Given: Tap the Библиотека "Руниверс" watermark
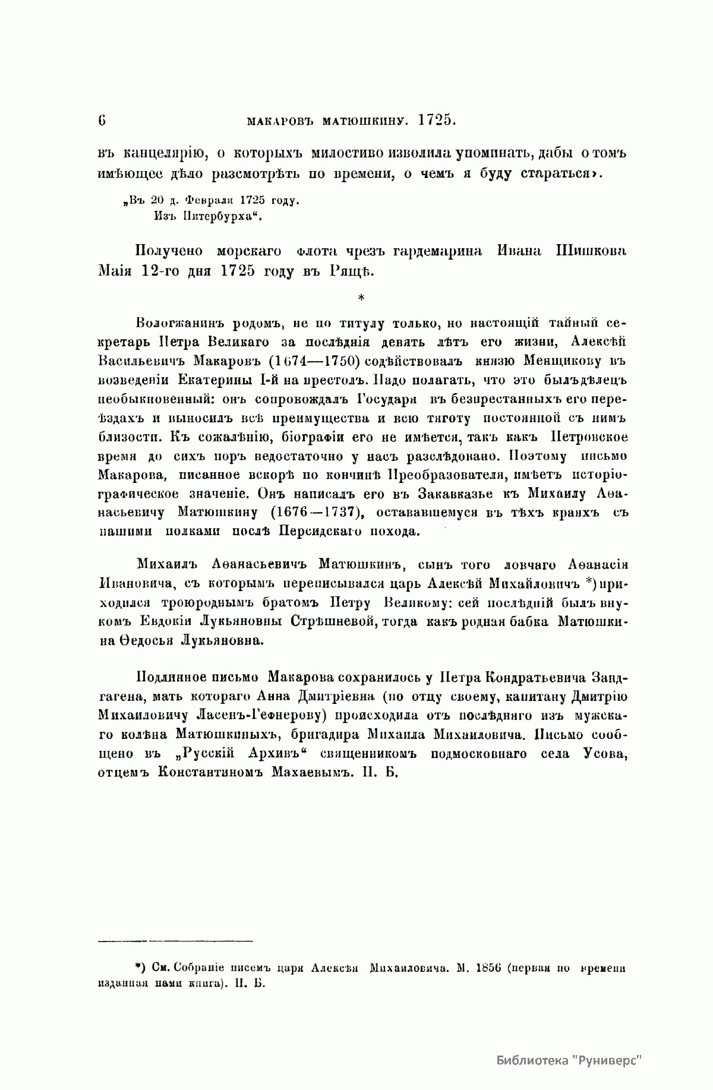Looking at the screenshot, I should [x=569, y=1061].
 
